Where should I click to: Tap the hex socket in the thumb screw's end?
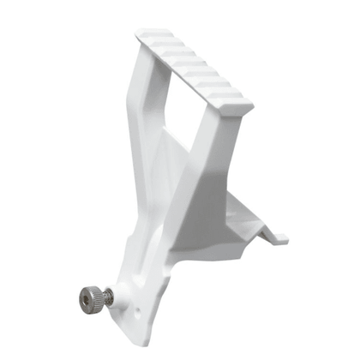pos(85,299)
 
